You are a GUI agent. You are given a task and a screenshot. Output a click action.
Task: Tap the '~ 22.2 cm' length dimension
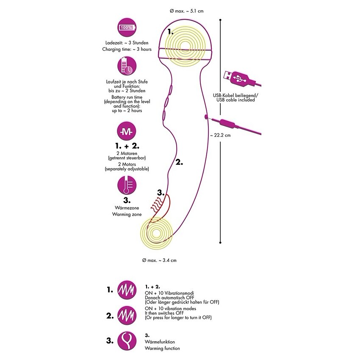tap(220, 136)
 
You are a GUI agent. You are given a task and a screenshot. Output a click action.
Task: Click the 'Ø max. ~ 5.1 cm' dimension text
tap(180, 11)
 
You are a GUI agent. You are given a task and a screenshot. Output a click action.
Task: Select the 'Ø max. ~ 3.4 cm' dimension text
tap(159, 260)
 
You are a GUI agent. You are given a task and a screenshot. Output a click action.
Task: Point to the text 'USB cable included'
tap(236, 100)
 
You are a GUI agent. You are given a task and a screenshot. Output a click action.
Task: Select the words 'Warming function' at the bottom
tap(162, 348)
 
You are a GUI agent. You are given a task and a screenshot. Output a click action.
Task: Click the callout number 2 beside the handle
tap(179, 161)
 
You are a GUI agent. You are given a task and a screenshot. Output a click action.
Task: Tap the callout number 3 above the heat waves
tap(160, 193)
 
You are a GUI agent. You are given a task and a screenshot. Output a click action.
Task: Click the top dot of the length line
tap(221, 19)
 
